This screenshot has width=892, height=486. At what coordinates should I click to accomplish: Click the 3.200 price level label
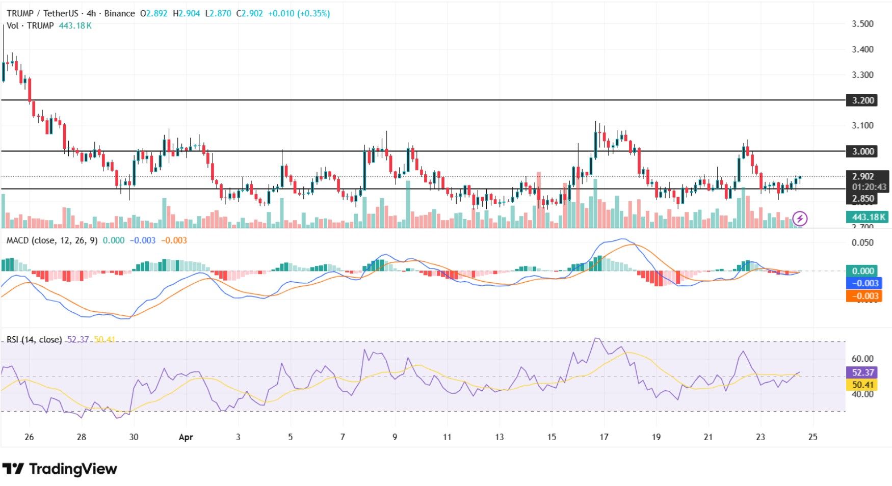click(862, 100)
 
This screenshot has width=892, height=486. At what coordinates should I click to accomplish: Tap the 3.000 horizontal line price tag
click(862, 151)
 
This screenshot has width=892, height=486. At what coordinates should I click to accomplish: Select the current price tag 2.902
click(863, 176)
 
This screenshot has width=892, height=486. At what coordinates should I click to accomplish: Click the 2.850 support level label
click(863, 199)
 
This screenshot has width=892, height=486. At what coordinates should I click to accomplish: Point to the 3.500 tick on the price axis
click(862, 24)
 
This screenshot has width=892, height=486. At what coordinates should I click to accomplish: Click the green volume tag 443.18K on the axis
click(868, 217)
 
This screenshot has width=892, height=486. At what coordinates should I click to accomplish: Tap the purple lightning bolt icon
click(800, 219)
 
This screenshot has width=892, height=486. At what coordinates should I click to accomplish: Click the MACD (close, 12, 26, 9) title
click(51, 240)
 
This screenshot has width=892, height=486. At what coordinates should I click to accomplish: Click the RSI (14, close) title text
click(34, 339)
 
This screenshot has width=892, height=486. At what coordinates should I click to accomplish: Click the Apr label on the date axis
click(186, 437)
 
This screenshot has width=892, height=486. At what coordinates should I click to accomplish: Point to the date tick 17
click(604, 437)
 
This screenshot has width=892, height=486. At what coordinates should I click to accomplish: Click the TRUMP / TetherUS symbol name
click(42, 13)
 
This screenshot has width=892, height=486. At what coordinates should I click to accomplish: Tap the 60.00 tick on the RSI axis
click(862, 359)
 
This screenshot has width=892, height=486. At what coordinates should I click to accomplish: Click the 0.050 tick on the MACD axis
click(862, 242)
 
